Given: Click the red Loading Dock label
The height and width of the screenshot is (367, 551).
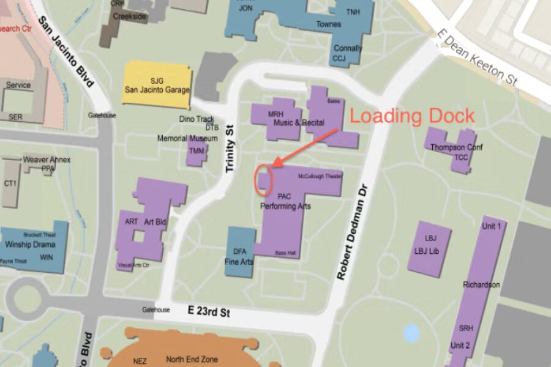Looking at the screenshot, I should pyautogui.click(x=412, y=116).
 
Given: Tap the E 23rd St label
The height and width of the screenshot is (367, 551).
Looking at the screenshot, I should pyautogui.click(x=209, y=313).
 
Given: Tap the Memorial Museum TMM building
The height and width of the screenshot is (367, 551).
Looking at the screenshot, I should pyautogui.click(x=197, y=150).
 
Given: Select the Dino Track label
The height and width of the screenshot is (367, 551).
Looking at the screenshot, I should pyautogui.click(x=197, y=119).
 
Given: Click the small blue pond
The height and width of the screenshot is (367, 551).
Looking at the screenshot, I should pyautogui.click(x=412, y=333).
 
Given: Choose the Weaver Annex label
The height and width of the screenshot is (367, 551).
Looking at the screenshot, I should pyautogui.click(x=47, y=160).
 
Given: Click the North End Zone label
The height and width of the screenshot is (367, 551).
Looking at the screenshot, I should pyautogui.click(x=192, y=359).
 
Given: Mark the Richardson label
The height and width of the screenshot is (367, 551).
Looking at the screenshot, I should pyautogui.click(x=481, y=285).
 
